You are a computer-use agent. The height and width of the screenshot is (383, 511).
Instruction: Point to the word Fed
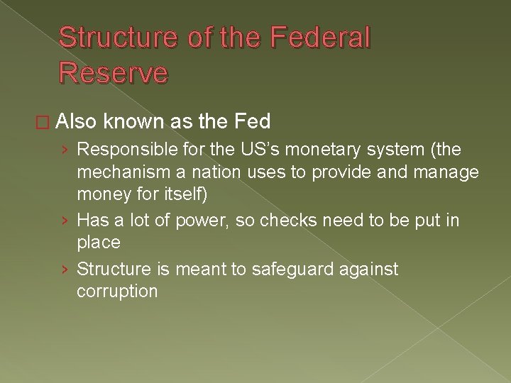251,122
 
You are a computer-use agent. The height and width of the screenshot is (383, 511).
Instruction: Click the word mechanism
124,171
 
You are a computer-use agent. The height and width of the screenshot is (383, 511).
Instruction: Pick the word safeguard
282,270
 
